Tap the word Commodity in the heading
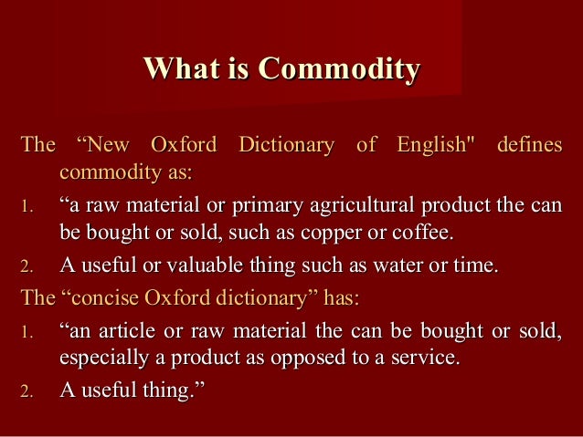tap(339, 68)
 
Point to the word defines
tap(529, 145)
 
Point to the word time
tap(476, 266)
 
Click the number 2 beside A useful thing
tap(26, 392)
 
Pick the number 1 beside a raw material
tap(26, 206)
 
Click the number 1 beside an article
tap(26, 331)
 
